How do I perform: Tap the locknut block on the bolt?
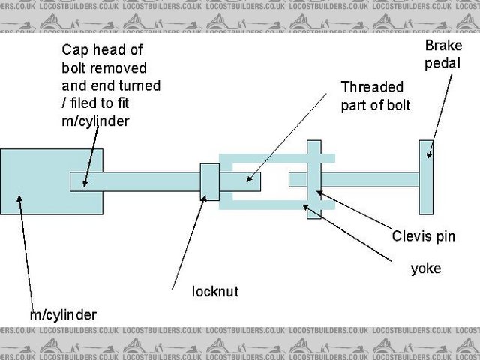pyautogui.click(x=209, y=182)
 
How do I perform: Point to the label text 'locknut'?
pyautogui.click(x=216, y=290)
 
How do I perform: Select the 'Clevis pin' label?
pyautogui.click(x=423, y=236)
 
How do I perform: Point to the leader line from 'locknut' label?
pyautogui.click(x=187, y=240)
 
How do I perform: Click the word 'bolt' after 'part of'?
pyautogui.click(x=397, y=105)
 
